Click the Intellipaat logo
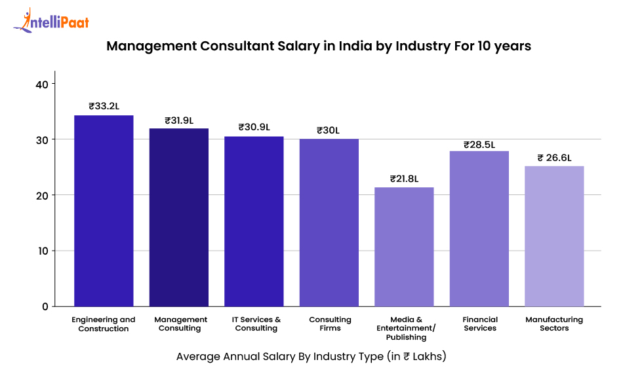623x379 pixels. [x=51, y=21]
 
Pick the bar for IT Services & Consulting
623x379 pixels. [x=254, y=221]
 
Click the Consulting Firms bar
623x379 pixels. [x=329, y=223]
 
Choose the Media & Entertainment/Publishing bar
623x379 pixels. [x=404, y=247]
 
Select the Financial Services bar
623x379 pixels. [x=479, y=228]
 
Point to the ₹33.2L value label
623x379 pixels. [x=104, y=105]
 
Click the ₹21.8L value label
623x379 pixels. [x=404, y=178]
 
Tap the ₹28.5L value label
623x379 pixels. [x=479, y=144]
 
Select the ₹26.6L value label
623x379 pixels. [x=554, y=157]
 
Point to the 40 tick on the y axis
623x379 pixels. [x=41, y=84]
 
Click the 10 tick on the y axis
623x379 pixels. [x=41, y=251]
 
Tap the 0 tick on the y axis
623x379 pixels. [x=44, y=306]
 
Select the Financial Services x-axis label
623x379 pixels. [x=480, y=324]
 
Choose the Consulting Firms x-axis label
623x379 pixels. [x=330, y=324]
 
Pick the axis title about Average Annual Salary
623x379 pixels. [x=311, y=357]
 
